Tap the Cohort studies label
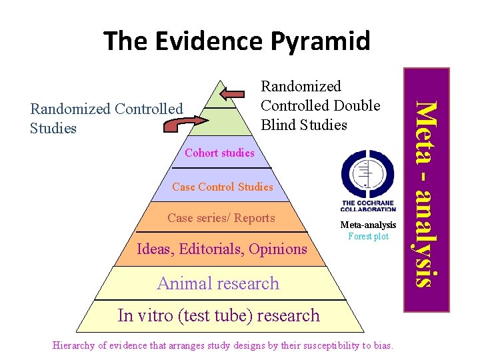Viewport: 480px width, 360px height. [x=219, y=153]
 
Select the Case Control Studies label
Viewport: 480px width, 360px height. [x=222, y=187]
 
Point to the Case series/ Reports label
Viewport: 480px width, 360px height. [x=221, y=218]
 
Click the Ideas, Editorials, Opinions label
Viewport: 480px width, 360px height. [x=221, y=249]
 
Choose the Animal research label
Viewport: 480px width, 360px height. [x=218, y=283]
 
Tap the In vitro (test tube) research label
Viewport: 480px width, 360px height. [x=219, y=315]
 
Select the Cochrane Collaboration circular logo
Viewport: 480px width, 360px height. [x=367, y=171]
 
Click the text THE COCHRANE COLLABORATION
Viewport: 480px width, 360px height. [x=368, y=206]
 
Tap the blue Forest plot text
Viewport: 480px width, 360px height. [x=368, y=236]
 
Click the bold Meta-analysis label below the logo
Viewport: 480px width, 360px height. [x=368, y=225]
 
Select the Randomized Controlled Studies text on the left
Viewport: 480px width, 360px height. [x=106, y=118]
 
